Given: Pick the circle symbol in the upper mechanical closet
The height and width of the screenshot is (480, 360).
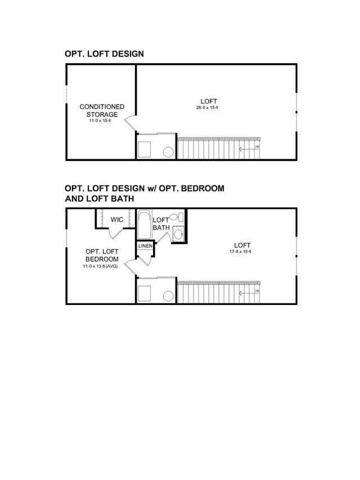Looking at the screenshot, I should pos(168,151).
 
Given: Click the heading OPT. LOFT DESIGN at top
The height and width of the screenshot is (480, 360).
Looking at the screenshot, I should pos(105,54).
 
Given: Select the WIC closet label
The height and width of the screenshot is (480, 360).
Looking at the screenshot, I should pos(116,219).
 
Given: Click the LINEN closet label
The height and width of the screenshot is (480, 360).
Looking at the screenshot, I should pos(145,246).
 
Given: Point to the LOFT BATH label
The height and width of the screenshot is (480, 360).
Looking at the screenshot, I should pos(161,223).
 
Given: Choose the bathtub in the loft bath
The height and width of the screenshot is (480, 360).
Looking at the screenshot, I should pos(144,225).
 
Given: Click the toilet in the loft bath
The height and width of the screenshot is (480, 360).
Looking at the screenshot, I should pos(175,217).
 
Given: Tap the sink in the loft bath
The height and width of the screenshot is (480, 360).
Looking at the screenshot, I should pos(178,234).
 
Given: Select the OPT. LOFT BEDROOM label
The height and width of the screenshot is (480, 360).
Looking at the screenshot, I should pos(102,255).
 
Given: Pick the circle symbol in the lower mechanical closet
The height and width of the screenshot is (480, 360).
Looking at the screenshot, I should pos(168,295).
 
